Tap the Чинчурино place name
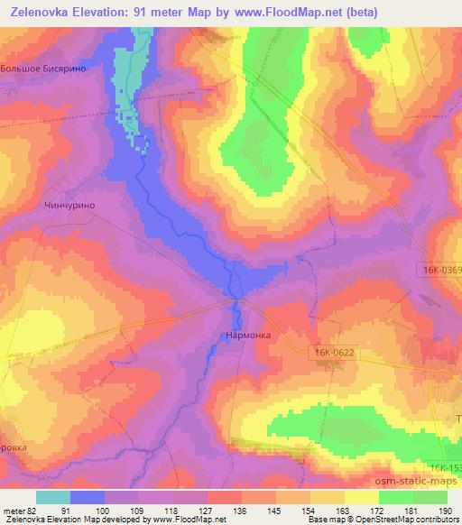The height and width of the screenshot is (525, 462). click(x=69, y=206)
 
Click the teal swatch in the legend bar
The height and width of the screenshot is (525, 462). click(x=52, y=497)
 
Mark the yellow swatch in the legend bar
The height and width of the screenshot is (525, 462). click(x=361, y=497)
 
